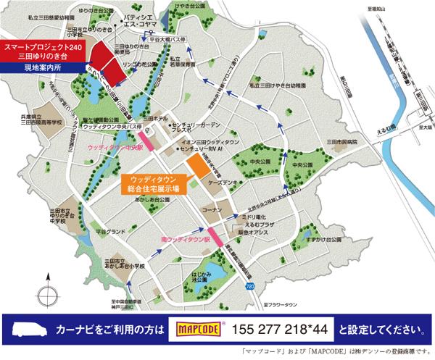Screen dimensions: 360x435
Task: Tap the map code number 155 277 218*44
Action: [x=276, y=329]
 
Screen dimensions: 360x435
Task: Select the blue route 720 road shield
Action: [x=250, y=287]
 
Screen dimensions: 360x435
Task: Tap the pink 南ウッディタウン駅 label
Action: [x=185, y=237]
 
